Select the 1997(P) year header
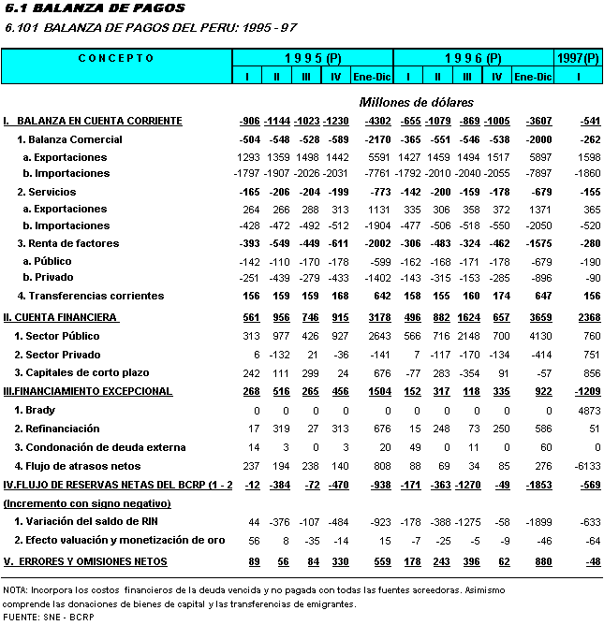[x=578, y=58]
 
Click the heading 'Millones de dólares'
[x=417, y=101]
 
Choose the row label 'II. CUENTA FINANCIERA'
[x=60, y=318]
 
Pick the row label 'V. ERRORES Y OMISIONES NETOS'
[x=86, y=561]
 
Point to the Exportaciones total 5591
[x=373, y=157]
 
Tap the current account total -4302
[x=371, y=122]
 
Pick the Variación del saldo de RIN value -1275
[x=470, y=521]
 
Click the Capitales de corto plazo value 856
[x=587, y=373]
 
